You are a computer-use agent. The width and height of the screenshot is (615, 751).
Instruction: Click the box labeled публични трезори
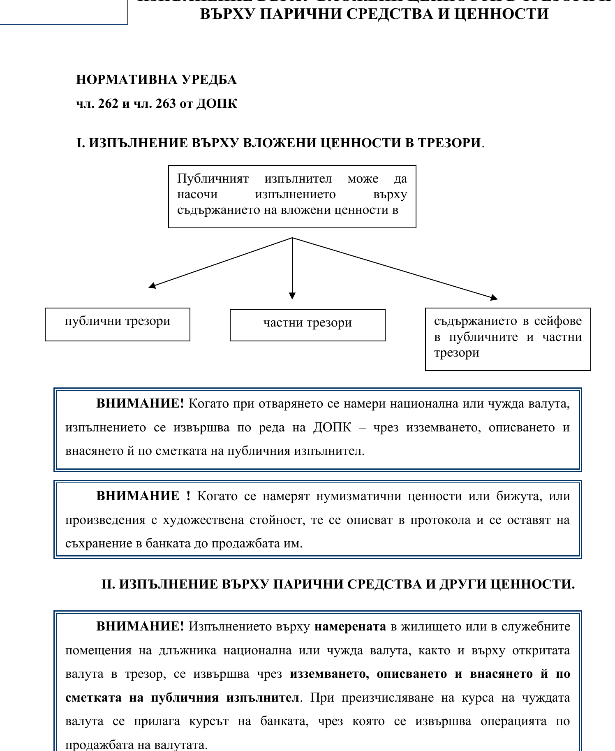(x=117, y=324)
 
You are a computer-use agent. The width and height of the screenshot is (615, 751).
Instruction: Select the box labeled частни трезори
(x=307, y=325)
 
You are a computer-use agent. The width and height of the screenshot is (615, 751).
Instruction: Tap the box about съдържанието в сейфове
(x=508, y=338)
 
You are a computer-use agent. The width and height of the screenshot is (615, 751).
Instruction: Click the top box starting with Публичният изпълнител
(x=292, y=196)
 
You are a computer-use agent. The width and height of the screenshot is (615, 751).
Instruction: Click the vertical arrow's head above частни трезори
(x=292, y=296)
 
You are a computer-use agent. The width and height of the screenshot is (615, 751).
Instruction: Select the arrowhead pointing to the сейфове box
(x=494, y=297)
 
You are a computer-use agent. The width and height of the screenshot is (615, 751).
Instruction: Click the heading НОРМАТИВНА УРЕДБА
(x=156, y=80)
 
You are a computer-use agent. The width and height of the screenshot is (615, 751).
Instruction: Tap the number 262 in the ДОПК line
(x=108, y=103)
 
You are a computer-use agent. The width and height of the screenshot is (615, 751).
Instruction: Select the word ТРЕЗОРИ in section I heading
(x=449, y=143)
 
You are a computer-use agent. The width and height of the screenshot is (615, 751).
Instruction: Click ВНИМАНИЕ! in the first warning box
(x=140, y=403)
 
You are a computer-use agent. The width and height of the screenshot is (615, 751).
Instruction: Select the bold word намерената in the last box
(x=350, y=626)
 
